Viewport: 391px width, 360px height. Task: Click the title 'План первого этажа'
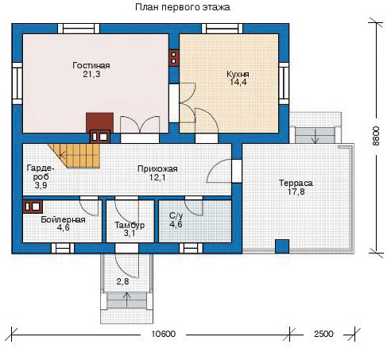pyautogui.click(x=183, y=7)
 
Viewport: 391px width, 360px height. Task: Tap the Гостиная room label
pyautogui.click(x=91, y=65)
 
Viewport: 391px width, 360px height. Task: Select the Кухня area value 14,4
pyautogui.click(x=238, y=82)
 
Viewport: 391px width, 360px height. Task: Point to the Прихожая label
pyautogui.click(x=157, y=168)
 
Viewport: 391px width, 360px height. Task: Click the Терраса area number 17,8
pyautogui.click(x=296, y=192)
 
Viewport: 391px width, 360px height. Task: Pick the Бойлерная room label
pyautogui.click(x=63, y=219)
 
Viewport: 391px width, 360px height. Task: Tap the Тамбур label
pyautogui.click(x=130, y=225)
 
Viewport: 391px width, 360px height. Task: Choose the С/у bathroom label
pyautogui.click(x=176, y=216)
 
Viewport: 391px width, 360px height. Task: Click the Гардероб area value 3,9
pyautogui.click(x=41, y=185)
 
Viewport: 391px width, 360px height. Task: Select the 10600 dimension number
pyautogui.click(x=163, y=334)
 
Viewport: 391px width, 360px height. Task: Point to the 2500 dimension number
pyautogui.click(x=323, y=334)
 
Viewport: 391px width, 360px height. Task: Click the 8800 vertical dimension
pyautogui.click(x=376, y=136)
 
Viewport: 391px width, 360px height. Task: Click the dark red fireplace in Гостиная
pyautogui.click(x=100, y=122)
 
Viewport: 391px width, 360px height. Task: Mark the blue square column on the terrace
pyautogui.click(x=282, y=246)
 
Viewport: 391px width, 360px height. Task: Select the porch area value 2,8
pyautogui.click(x=122, y=281)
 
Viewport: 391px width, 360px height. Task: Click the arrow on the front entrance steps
pyautogui.click(x=127, y=300)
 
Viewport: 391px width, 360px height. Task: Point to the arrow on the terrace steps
pyautogui.click(x=316, y=137)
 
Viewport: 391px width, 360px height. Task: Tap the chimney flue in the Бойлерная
pyautogui.click(x=33, y=207)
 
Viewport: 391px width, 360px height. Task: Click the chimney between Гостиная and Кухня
pyautogui.click(x=174, y=58)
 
